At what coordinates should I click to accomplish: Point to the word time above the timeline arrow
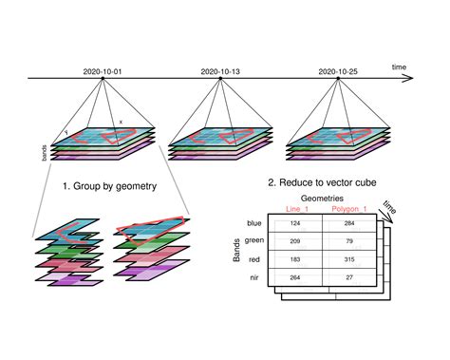coord(399,66)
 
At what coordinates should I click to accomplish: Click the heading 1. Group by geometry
coord(108,186)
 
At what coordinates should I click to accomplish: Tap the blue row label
coord(253,223)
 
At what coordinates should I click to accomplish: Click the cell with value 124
coord(295,223)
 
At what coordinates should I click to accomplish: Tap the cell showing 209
coord(295,241)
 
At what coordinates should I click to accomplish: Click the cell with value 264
coord(295,277)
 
